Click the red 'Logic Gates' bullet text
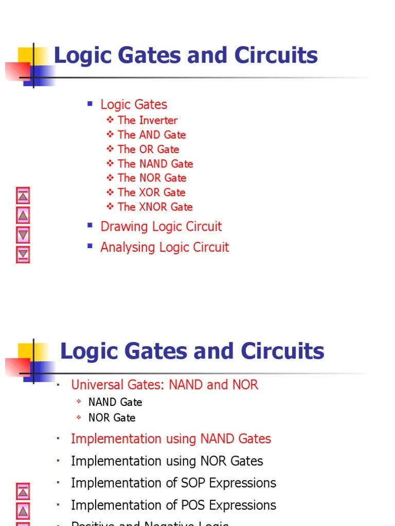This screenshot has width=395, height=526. (x=134, y=105)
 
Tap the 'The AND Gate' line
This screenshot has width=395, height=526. (x=151, y=135)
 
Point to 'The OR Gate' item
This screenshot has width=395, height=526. (x=148, y=149)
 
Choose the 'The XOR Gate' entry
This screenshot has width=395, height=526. (x=151, y=193)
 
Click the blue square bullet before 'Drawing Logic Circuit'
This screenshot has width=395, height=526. (x=90, y=225)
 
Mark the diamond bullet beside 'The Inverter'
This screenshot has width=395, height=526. (x=111, y=120)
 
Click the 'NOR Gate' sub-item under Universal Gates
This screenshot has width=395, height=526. (x=112, y=418)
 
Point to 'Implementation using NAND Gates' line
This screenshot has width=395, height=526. (x=171, y=439)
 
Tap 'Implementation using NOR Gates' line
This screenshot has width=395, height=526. (x=167, y=461)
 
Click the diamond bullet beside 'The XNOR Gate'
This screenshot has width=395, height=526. (x=111, y=206)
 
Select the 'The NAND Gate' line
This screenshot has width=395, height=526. (x=155, y=164)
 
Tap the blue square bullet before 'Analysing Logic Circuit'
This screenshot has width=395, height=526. (x=90, y=246)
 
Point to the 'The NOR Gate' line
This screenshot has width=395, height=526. (x=152, y=178)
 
